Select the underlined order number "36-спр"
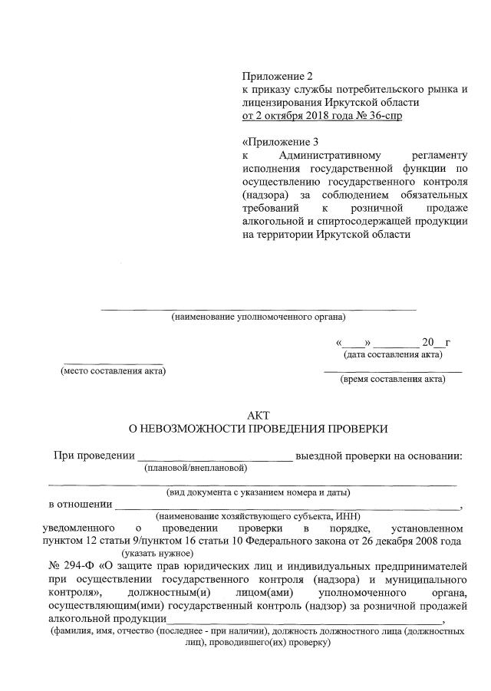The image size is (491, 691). point(383,116)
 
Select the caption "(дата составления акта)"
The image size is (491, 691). point(392,354)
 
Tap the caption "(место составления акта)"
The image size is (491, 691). point(113,371)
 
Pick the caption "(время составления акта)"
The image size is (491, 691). point(392,379)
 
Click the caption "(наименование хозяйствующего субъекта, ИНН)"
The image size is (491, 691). point(252,516)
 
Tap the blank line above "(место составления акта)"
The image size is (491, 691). point(113,363)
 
